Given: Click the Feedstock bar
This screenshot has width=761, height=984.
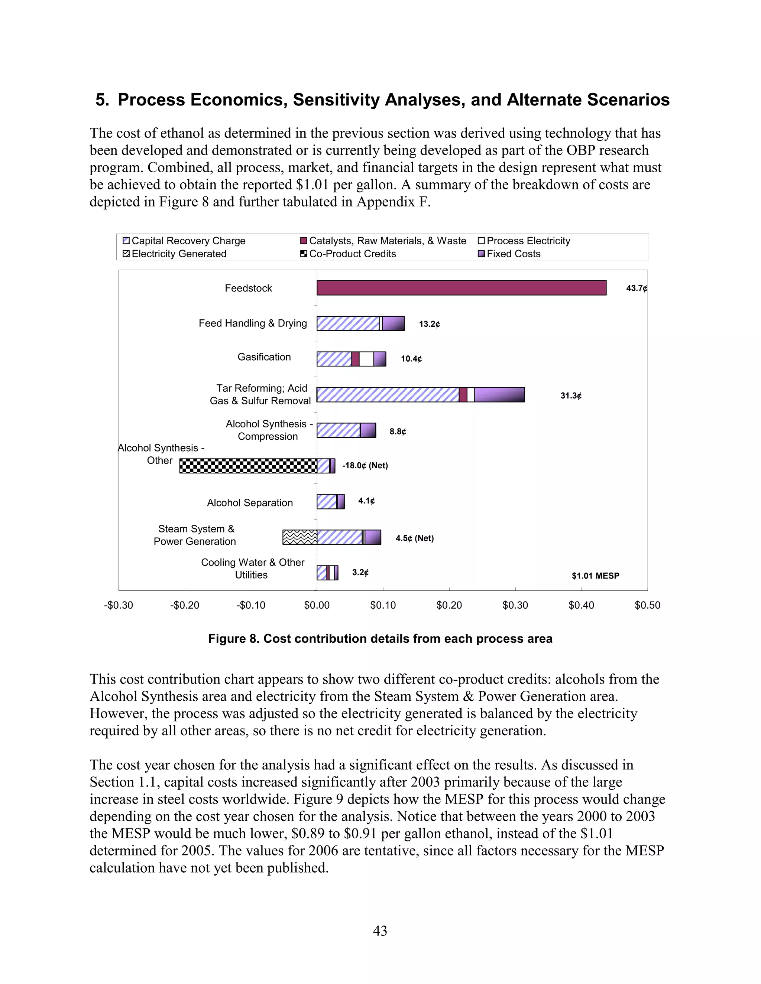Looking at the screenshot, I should [x=461, y=288].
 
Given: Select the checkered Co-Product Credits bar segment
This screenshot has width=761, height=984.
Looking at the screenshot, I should [x=248, y=466].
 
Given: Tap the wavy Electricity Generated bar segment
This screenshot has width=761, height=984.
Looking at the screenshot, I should [x=300, y=537].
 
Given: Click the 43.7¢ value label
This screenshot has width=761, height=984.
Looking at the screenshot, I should [x=636, y=289].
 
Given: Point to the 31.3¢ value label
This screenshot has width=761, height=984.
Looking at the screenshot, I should [x=571, y=396].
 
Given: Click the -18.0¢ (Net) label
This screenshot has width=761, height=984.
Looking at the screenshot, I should [x=365, y=465].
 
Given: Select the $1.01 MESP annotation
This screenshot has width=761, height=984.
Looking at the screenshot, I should [x=595, y=576].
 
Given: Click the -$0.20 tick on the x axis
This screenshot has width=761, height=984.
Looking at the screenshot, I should [x=185, y=605].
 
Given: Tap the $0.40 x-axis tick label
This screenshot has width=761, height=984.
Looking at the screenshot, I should [x=581, y=605].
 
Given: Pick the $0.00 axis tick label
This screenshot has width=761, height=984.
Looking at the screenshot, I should [x=317, y=605].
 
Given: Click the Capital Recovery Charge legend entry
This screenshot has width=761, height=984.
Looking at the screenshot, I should [x=188, y=241].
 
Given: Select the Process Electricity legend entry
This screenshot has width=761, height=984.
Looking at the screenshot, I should [x=528, y=241].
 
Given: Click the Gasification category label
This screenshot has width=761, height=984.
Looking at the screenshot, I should [x=264, y=357].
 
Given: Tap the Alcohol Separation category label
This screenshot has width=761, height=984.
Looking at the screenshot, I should [x=250, y=503].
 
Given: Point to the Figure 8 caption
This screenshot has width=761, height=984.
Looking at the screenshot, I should [x=380, y=639].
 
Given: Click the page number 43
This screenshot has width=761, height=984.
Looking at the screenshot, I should [x=380, y=931].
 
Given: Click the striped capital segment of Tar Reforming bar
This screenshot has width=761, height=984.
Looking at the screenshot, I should [x=388, y=395].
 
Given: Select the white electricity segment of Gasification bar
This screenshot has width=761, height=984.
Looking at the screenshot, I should [x=366, y=359].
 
